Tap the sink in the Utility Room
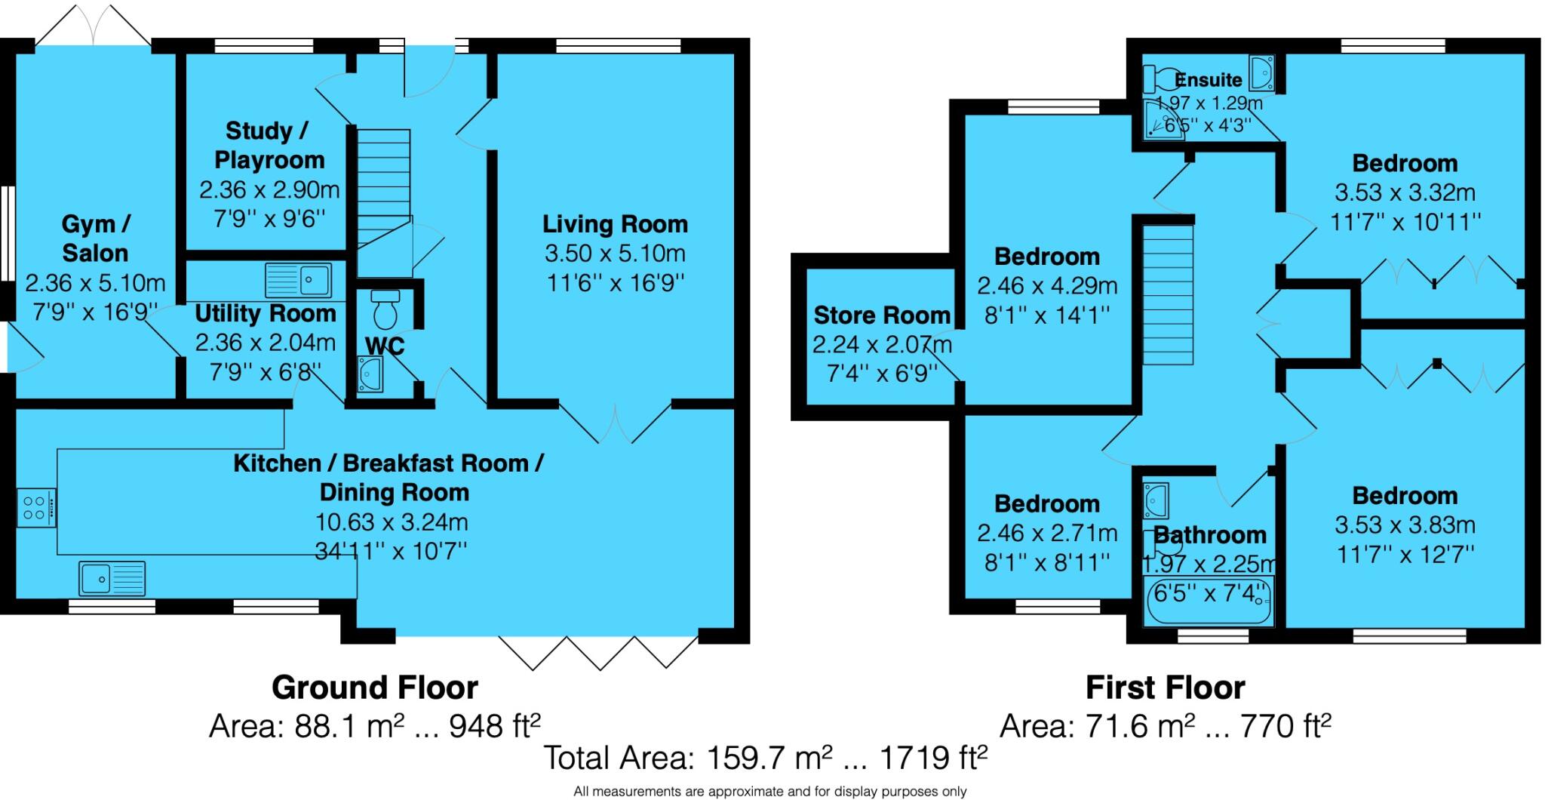coord(299,280)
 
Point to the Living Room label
coord(615,224)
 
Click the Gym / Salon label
coord(95,238)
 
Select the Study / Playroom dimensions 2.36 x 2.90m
coord(269,189)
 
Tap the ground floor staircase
coord(383,188)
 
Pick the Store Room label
coord(881,315)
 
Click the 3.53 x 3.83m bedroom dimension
coord(1405,525)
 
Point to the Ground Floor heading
coord(374,688)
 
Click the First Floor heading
coord(1165,688)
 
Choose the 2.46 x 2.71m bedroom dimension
coord(1046,534)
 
